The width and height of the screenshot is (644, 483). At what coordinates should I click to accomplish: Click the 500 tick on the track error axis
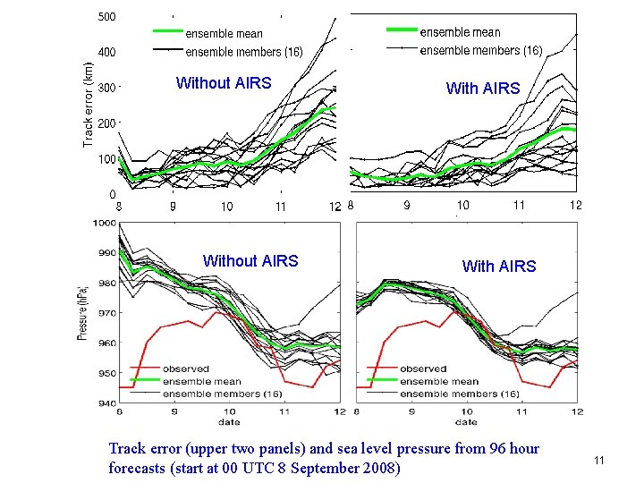pos(107,17)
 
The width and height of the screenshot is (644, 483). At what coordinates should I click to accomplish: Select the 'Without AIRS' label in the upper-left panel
pos(224,83)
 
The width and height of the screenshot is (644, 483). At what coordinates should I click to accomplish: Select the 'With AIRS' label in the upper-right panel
pos(482,88)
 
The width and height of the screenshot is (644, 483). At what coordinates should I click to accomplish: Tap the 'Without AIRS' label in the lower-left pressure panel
pos(250,261)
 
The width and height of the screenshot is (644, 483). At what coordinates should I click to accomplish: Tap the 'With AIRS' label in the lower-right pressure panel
pos(499,267)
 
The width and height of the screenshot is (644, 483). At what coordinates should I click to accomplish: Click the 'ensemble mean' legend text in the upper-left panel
pos(224,34)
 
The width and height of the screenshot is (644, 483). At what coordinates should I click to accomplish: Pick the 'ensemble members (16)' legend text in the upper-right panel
pos(480,50)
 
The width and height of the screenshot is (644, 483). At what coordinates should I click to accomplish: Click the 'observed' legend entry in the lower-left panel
pos(185,369)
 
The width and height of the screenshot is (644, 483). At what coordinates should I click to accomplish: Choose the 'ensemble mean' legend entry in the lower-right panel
pos(433,381)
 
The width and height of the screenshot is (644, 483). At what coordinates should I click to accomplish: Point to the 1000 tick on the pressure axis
pos(104,223)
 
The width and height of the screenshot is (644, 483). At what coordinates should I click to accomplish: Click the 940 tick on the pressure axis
pos(106,403)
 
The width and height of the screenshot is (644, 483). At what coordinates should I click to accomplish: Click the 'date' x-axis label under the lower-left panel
pos(229,421)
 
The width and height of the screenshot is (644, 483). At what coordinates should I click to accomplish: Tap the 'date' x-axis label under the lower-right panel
pos(466,421)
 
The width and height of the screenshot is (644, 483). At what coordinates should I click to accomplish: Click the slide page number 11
pos(599,460)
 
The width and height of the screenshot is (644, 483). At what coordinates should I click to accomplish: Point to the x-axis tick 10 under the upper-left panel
pos(226,207)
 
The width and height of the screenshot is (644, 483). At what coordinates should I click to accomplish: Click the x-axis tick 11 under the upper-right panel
pos(519,205)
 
